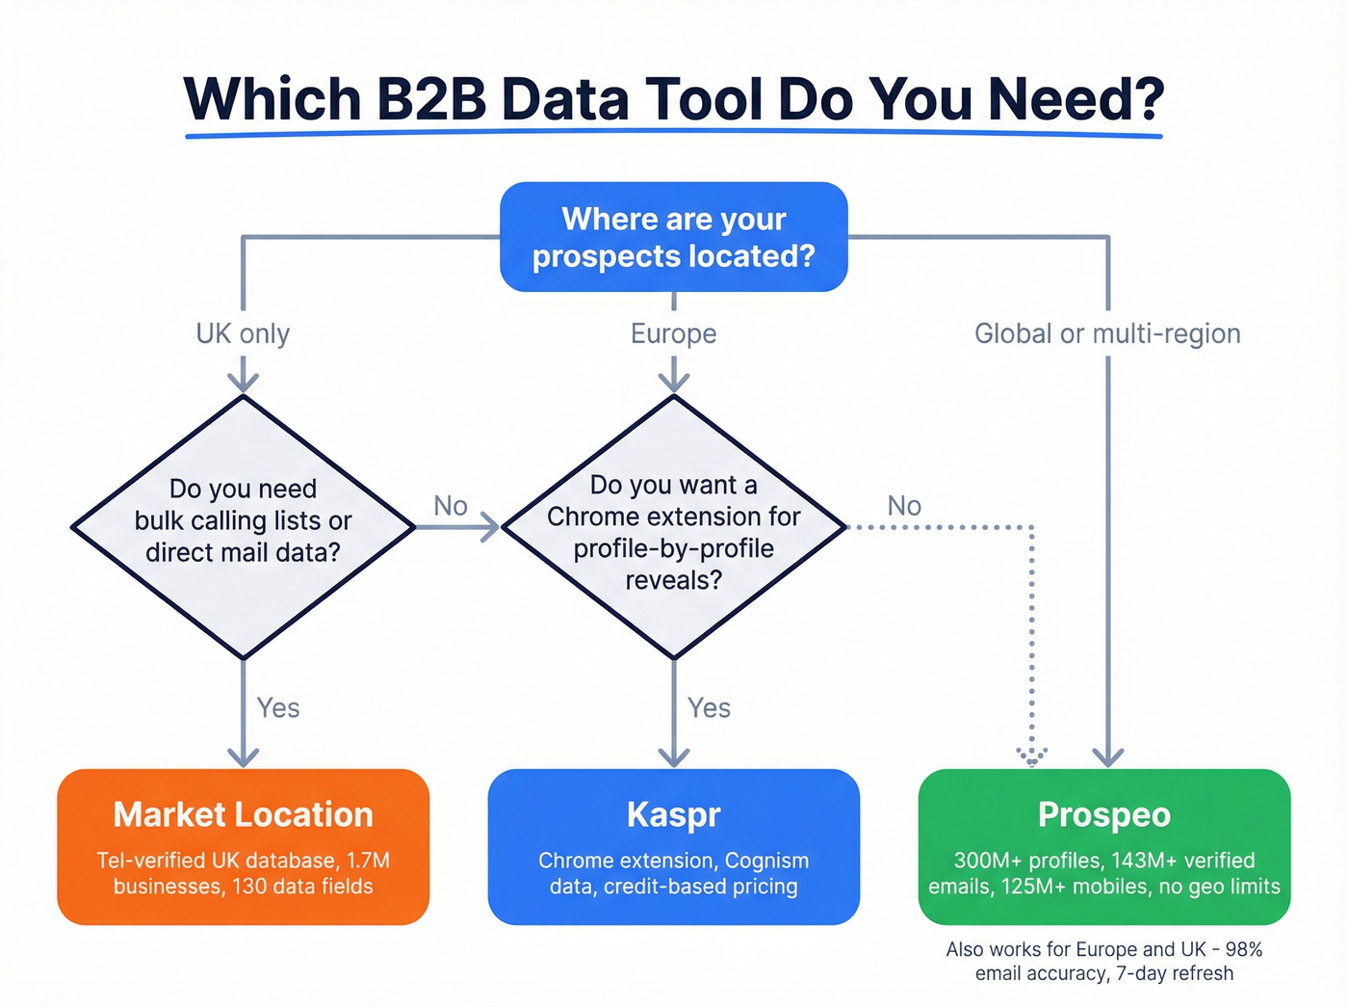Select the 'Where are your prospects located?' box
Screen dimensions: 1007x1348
click(x=673, y=237)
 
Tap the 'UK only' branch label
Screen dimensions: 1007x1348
click(x=243, y=333)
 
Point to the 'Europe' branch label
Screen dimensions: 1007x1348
click(x=673, y=333)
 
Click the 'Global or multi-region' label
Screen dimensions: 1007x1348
click(x=1107, y=333)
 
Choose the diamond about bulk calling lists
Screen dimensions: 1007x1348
click(x=243, y=526)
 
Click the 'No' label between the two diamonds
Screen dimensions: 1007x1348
click(x=451, y=506)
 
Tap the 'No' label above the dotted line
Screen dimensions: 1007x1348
click(x=904, y=506)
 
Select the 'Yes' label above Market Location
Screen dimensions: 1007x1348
click(x=278, y=708)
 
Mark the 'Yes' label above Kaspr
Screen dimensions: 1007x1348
click(x=709, y=708)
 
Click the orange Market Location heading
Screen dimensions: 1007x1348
click(x=243, y=815)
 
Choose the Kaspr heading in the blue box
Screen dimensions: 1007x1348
click(x=673, y=815)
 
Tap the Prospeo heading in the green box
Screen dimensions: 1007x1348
click(x=1104, y=815)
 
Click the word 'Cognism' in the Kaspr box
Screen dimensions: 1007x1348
click(x=766, y=861)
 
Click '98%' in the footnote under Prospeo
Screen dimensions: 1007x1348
click(x=1243, y=949)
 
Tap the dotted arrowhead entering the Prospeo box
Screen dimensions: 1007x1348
click(x=1032, y=756)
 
